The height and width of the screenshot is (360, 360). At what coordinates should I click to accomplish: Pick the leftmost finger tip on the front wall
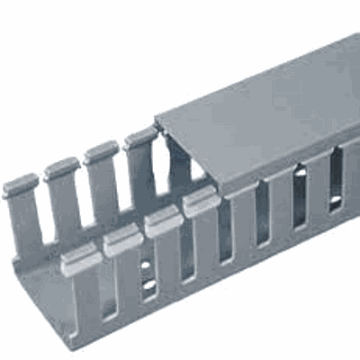coord(82,261)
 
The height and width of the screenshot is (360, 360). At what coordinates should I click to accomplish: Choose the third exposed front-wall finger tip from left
coord(162,220)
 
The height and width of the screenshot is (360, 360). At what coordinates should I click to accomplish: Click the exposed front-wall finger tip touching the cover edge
coord(200,203)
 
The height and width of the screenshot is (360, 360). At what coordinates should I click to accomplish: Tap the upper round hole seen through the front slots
coord(147,266)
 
